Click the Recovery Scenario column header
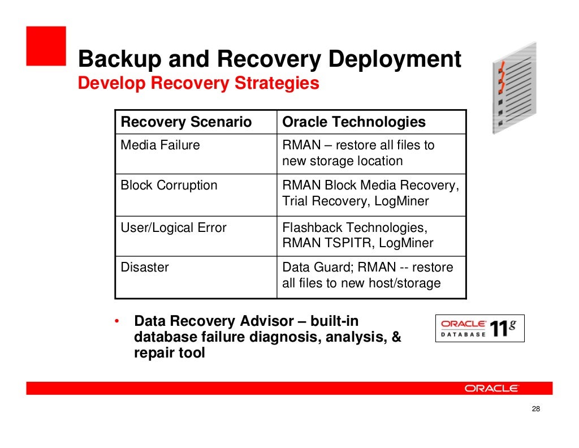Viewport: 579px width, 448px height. click(186, 122)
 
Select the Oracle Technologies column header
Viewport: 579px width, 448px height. click(353, 122)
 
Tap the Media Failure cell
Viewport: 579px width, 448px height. click(160, 145)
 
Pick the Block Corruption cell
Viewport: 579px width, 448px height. click(168, 186)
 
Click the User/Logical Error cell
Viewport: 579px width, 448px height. click(173, 228)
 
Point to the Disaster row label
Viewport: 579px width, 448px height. click(144, 267)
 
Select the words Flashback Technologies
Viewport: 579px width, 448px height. click(354, 228)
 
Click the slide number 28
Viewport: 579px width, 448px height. click(537, 410)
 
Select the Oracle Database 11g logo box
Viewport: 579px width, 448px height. click(479, 328)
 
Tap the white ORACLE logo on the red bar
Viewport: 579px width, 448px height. click(491, 388)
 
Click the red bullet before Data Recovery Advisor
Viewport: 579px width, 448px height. click(116, 322)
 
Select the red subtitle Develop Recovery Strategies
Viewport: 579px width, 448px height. click(198, 84)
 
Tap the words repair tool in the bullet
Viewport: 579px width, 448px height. click(169, 354)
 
